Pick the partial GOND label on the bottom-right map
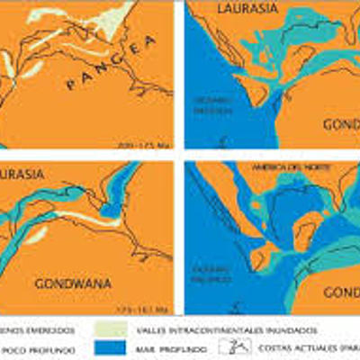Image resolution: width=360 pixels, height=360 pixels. [342, 293]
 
